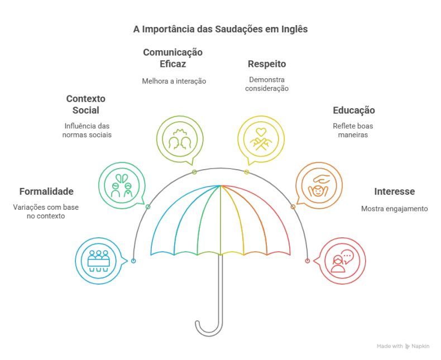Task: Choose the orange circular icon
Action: (319, 185)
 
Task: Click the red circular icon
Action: (342, 261)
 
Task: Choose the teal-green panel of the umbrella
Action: (189, 229)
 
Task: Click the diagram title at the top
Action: (220, 29)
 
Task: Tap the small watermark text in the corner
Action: (404, 346)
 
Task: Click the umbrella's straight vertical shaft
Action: (221, 285)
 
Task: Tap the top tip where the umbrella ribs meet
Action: (222, 185)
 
